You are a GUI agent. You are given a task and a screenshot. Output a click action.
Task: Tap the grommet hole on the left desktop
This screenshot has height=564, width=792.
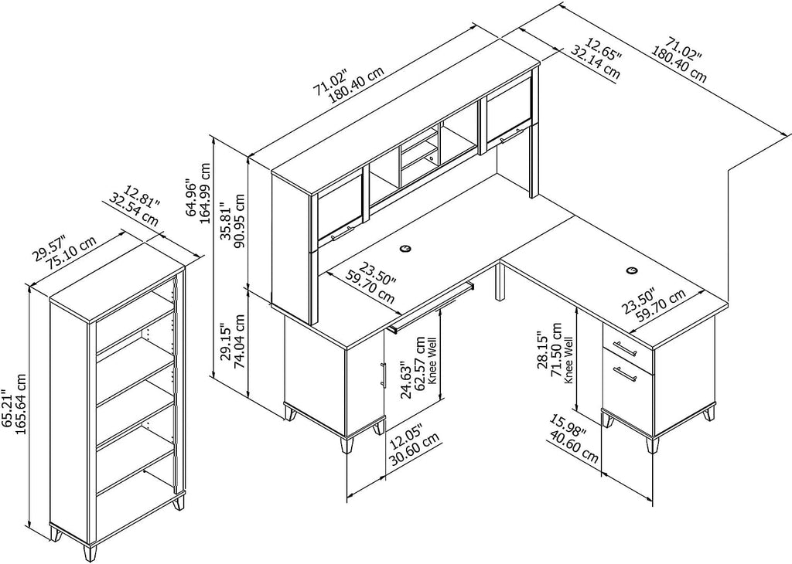pyautogui.click(x=406, y=249)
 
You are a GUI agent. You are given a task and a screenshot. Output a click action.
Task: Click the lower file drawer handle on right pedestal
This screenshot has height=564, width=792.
pyautogui.click(x=624, y=375)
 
